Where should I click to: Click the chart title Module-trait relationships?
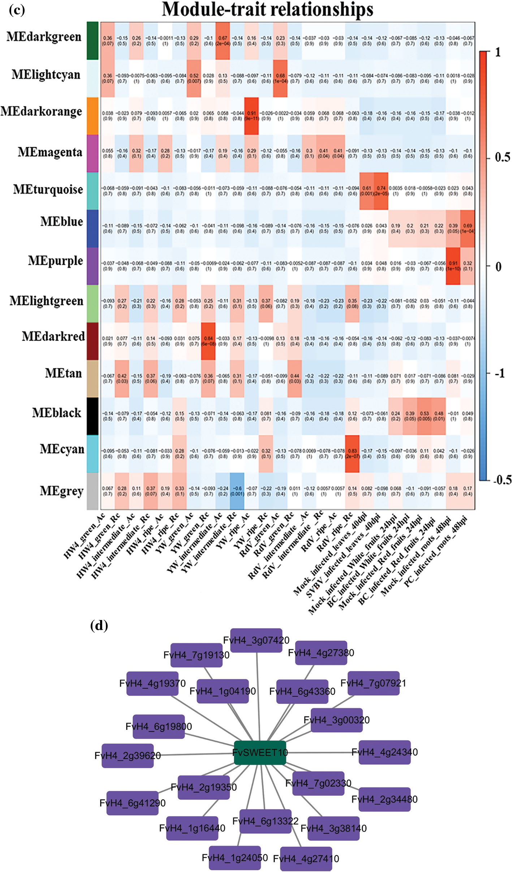tap(267, 10)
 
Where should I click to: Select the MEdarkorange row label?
tap(41, 112)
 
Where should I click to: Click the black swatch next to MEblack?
tap(92, 416)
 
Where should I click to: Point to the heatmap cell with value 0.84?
tap(208, 341)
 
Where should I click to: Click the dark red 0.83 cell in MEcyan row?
tap(352, 453)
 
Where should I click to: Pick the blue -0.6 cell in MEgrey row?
tap(237, 491)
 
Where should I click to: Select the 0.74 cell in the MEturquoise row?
tap(381, 191)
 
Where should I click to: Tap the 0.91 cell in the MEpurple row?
tap(453, 266)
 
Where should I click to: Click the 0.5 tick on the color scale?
tap(503, 157)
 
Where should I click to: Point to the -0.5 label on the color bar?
tap(503, 480)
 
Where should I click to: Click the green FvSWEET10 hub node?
tap(260, 753)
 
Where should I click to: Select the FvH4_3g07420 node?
tap(256, 640)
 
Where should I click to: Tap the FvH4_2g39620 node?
tap(128, 756)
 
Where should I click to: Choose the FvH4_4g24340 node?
tap(384, 752)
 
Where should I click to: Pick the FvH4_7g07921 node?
tap(374, 683)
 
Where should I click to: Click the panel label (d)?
tap(99, 625)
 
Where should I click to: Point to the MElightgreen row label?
tap(46, 301)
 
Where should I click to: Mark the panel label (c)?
tap(17, 10)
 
